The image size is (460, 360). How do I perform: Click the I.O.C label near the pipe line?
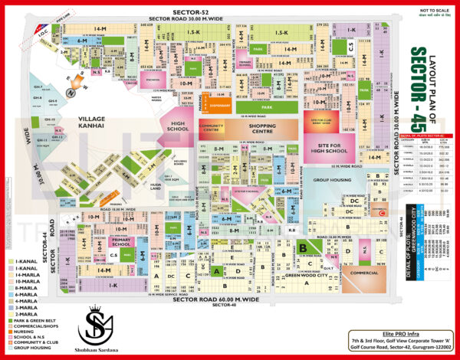click(x=43, y=31)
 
